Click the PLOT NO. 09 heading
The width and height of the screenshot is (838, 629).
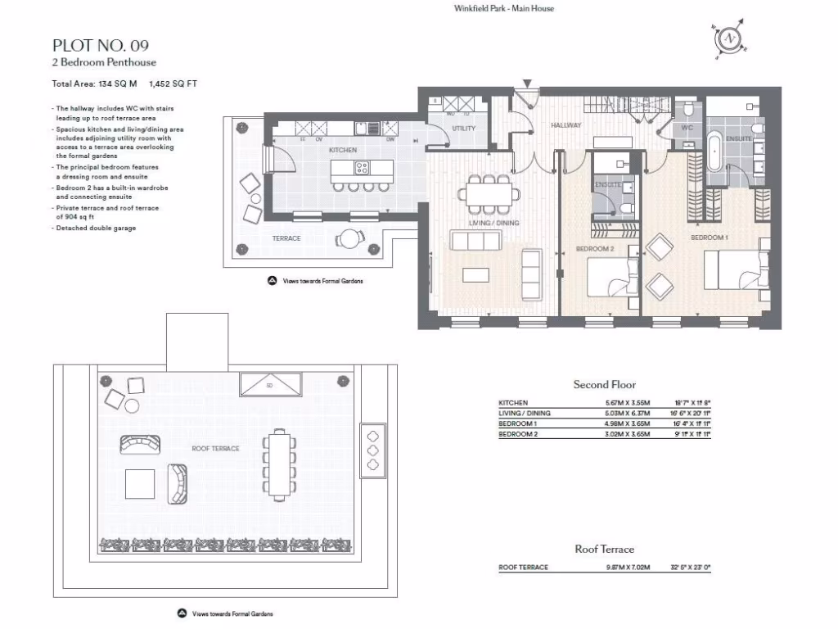pyautogui.click(x=101, y=45)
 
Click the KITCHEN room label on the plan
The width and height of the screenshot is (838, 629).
pyautogui.click(x=343, y=150)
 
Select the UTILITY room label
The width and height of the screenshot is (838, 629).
pyautogui.click(x=463, y=129)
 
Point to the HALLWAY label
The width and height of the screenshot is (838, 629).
pyautogui.click(x=565, y=125)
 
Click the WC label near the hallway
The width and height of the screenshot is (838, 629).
pyautogui.click(x=687, y=129)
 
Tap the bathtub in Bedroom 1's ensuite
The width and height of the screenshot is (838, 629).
pyautogui.click(x=717, y=153)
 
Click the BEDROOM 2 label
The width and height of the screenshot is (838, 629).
pyautogui.click(x=595, y=248)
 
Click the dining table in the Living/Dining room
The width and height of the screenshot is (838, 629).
pyautogui.click(x=489, y=194)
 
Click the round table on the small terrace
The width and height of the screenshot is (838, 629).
pyautogui.click(x=351, y=239)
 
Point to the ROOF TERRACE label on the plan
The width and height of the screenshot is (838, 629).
pyautogui.click(x=215, y=449)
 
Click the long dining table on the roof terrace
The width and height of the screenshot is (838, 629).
pyautogui.click(x=279, y=465)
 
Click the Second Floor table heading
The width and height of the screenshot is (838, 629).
pyautogui.click(x=604, y=385)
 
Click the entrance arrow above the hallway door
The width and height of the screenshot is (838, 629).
pyautogui.click(x=528, y=84)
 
